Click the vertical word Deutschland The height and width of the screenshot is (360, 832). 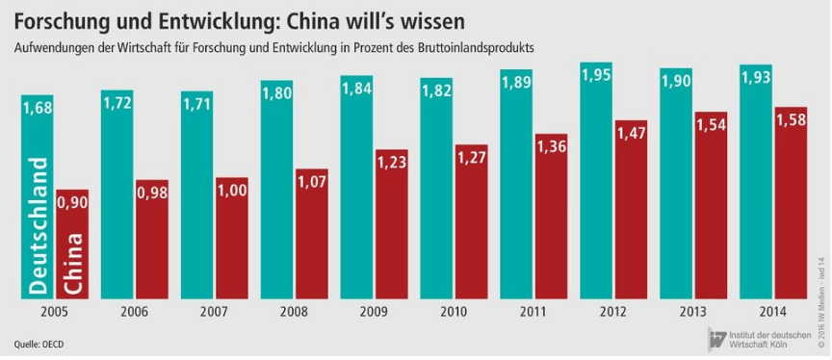pos(39,226)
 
